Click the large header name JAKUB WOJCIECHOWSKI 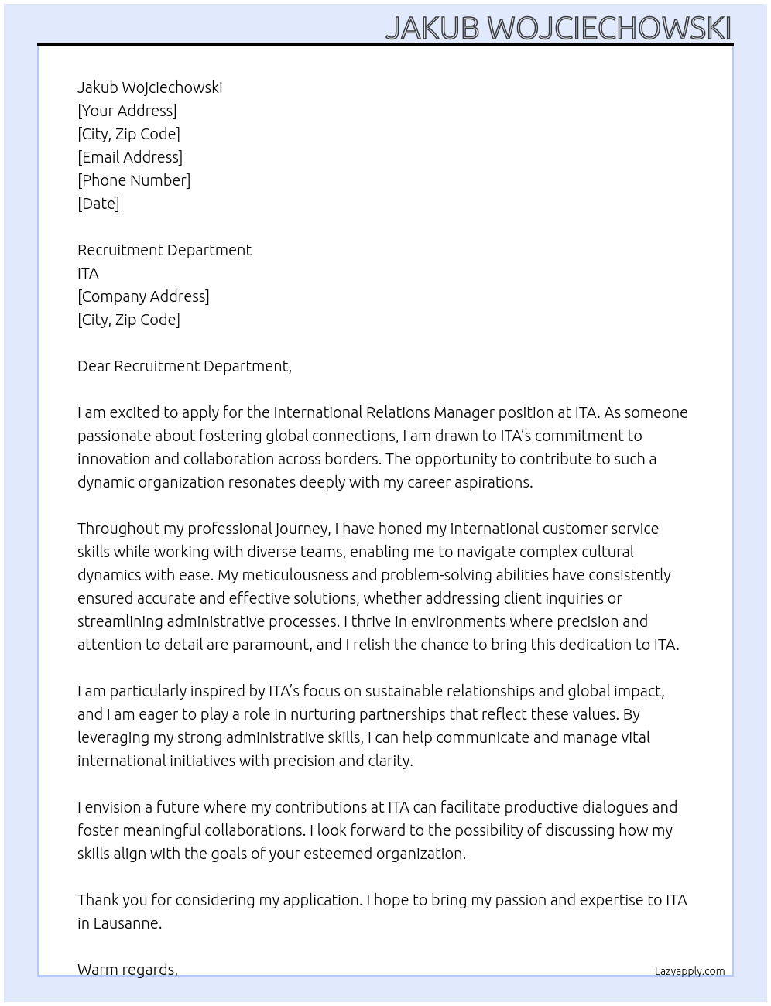click(558, 28)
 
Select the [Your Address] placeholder click(127, 111)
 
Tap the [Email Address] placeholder click(130, 157)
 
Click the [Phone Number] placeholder click(134, 180)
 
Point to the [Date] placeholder click(98, 204)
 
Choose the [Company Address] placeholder click(143, 296)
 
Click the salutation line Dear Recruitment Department click(184, 366)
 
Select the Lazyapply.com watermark click(690, 971)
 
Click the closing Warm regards click(128, 970)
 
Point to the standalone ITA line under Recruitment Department click(88, 273)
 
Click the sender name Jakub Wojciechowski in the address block click(149, 87)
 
